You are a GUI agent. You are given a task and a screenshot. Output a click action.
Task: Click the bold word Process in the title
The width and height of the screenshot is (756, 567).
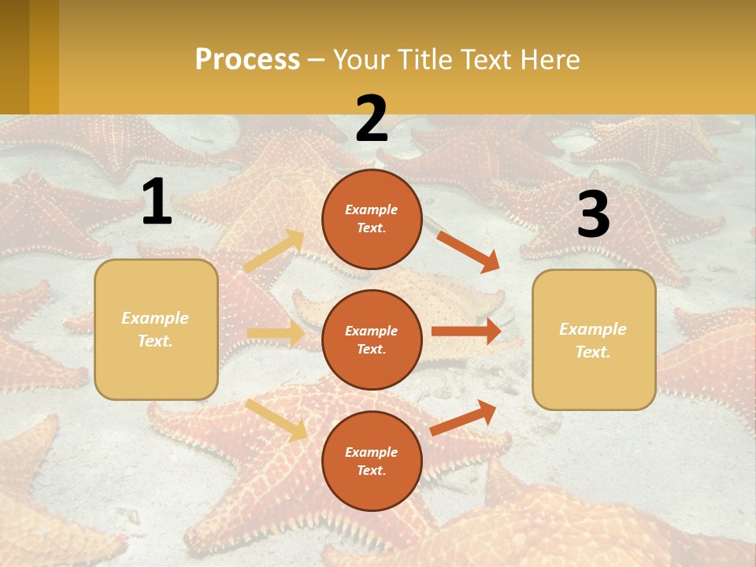tap(247, 60)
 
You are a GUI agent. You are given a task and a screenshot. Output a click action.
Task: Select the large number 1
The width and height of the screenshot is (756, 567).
tap(157, 202)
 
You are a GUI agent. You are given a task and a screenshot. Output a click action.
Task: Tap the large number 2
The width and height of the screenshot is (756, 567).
tap(372, 119)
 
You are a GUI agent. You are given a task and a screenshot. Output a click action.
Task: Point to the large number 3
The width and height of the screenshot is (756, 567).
tap(593, 214)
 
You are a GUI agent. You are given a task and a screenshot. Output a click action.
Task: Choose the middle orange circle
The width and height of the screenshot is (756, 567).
tap(372, 339)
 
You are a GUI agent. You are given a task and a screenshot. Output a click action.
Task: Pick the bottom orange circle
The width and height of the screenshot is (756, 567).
tap(372, 461)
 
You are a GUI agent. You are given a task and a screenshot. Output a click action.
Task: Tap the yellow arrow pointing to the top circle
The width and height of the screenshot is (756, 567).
tap(273, 251)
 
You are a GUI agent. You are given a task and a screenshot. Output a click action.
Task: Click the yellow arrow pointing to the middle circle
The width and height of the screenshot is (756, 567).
tap(275, 333)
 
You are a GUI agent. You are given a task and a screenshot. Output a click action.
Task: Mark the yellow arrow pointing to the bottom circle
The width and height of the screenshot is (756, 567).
tap(276, 420)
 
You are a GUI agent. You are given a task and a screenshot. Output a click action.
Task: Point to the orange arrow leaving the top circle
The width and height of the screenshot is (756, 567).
tap(468, 251)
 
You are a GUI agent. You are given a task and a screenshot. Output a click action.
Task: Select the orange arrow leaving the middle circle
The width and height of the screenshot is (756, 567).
tap(465, 332)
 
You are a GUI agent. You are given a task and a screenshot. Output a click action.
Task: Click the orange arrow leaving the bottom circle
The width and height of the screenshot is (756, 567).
tap(463, 417)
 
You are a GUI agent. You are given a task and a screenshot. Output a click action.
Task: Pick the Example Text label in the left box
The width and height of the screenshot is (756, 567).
tap(155, 329)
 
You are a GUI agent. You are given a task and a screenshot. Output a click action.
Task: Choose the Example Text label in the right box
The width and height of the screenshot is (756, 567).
tap(593, 340)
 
